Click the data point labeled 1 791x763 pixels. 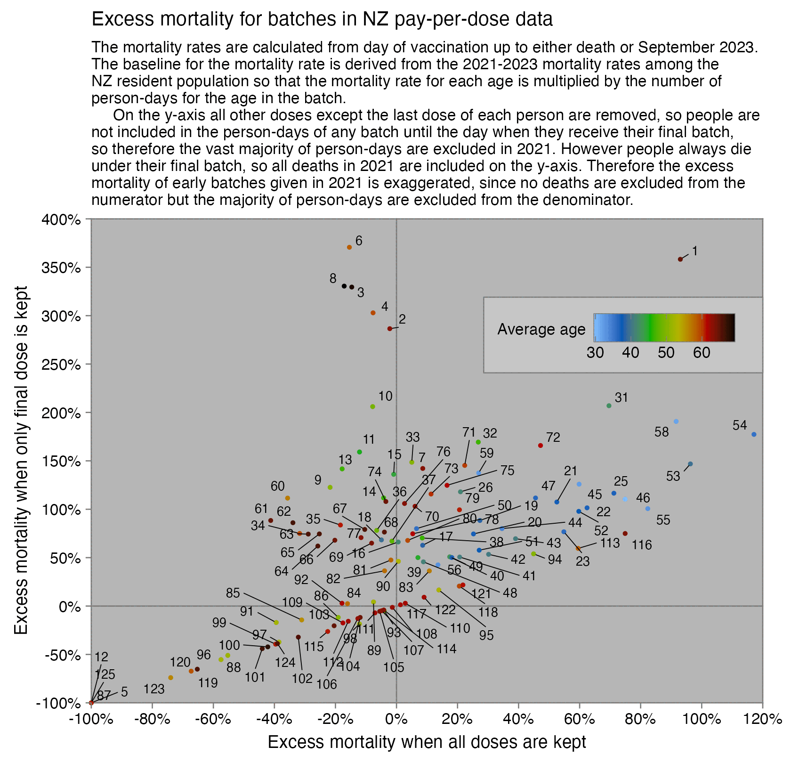point(680,260)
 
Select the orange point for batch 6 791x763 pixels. point(349,247)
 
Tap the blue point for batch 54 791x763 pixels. point(754,435)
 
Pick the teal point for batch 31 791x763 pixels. point(609,406)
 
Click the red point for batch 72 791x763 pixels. point(541,446)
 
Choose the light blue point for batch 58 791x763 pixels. point(676,422)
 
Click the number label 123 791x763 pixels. point(154,690)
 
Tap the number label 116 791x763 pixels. point(642,545)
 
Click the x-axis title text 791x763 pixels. point(427,742)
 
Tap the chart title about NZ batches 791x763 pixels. point(322,19)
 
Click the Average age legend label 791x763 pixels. point(541,329)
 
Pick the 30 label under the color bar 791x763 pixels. point(595,352)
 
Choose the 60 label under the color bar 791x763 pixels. point(702,352)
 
